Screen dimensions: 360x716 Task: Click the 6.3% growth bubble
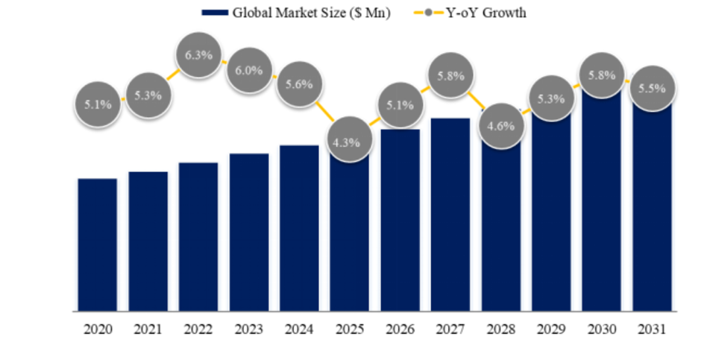tap(199, 54)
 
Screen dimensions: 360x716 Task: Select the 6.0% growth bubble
tap(250, 71)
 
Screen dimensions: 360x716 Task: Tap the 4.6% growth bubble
tap(500, 126)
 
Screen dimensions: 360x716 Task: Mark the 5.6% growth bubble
tap(300, 85)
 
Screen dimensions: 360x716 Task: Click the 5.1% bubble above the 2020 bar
tap(98, 104)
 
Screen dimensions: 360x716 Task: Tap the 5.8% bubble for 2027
tap(451, 75)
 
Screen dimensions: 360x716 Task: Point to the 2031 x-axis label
tap(653, 329)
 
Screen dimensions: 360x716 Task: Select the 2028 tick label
tap(500, 329)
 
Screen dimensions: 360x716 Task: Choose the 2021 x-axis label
tap(148, 329)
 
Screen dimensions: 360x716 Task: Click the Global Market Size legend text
tap(311, 13)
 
